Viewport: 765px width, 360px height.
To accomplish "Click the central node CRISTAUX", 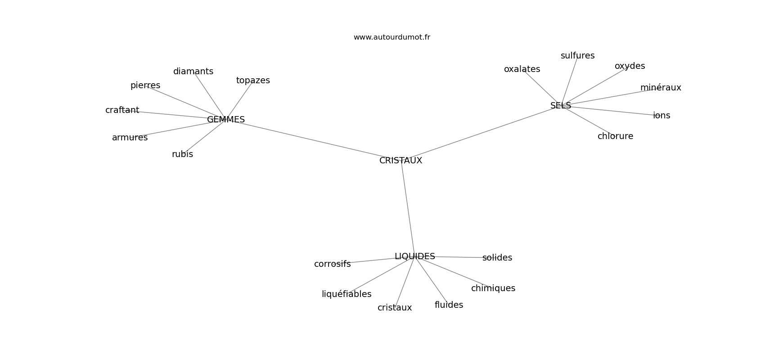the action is [x=400, y=161].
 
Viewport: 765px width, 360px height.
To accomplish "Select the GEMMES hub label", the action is [x=226, y=120].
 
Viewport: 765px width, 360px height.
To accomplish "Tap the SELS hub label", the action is [x=560, y=106].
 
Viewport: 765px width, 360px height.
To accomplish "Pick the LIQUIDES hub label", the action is [x=414, y=256].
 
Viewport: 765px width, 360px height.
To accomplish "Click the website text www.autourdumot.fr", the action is [x=391, y=37].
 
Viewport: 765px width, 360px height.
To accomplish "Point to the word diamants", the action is [x=193, y=72].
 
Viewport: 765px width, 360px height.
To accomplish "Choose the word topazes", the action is [x=253, y=81].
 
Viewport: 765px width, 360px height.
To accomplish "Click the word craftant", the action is [x=122, y=110].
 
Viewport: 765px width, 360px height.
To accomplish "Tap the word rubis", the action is [x=182, y=154].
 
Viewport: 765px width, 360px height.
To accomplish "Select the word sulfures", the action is [x=577, y=56].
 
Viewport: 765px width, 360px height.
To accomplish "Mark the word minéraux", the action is [x=661, y=87].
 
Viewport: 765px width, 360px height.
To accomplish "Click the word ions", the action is [x=661, y=116].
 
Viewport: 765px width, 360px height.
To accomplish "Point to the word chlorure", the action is [x=615, y=136].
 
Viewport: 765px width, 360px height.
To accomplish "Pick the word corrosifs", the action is [x=332, y=264].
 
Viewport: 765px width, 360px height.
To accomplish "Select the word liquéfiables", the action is [x=346, y=294].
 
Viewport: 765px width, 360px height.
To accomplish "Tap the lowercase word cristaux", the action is [x=395, y=308].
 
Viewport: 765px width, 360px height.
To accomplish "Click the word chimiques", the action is [x=493, y=288].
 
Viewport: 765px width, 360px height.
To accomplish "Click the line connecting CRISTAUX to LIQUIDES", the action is [x=408, y=208].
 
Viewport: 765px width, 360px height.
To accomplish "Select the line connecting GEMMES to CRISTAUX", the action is [x=313, y=140].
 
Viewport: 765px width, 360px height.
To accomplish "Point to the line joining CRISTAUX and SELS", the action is [x=481, y=133].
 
